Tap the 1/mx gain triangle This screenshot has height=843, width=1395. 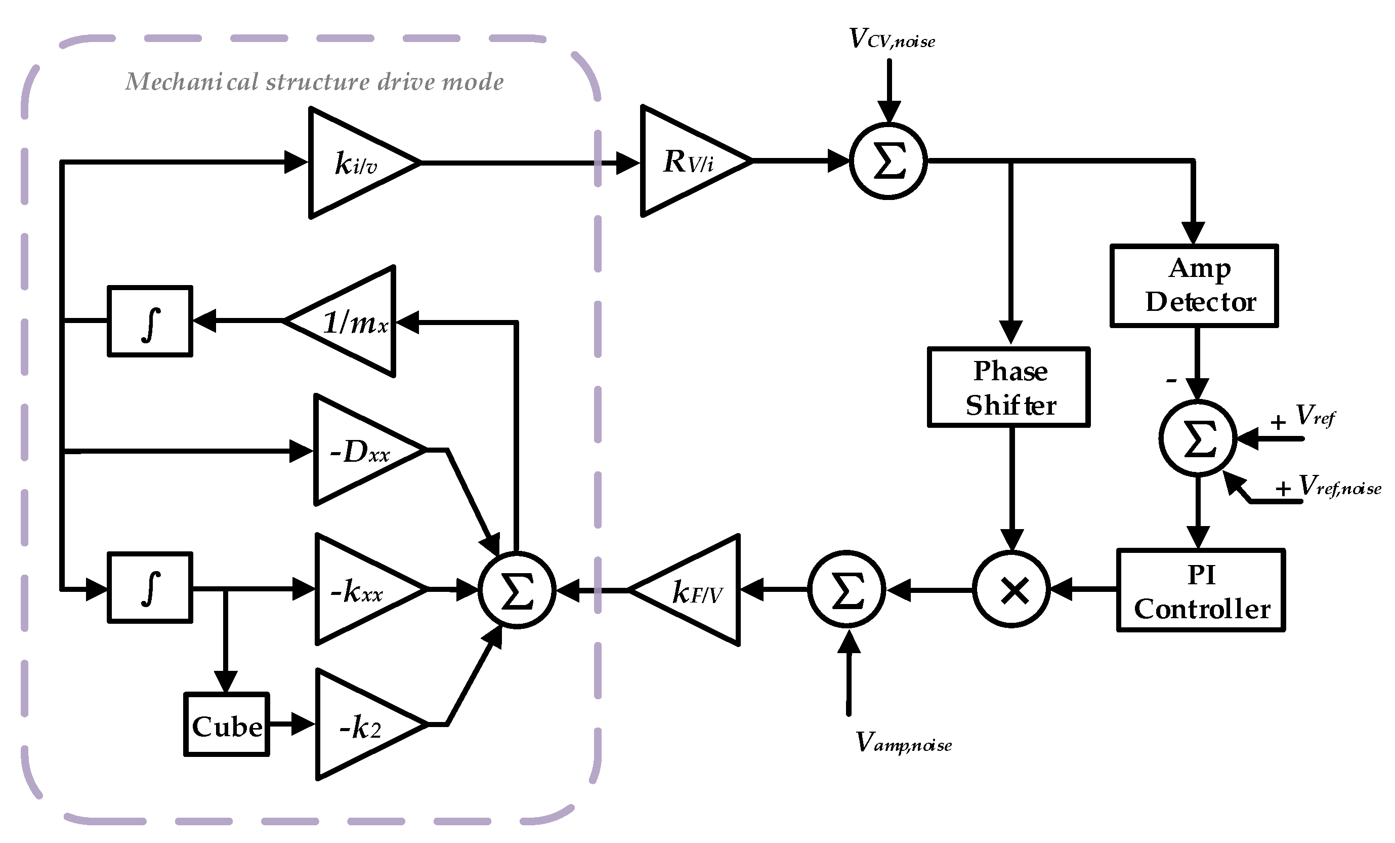click(x=351, y=322)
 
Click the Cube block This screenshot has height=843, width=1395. click(x=227, y=725)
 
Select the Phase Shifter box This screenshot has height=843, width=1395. click(x=1009, y=387)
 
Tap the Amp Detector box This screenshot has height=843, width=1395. click(x=1195, y=286)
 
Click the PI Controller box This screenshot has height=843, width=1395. click(x=1201, y=590)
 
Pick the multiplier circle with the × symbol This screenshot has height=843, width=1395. click(x=1011, y=590)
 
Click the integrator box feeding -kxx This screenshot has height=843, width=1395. click(x=150, y=588)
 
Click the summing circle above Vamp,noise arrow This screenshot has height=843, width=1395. click(x=847, y=590)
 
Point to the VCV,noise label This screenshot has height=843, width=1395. click(x=892, y=39)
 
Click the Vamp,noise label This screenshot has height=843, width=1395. click(x=903, y=743)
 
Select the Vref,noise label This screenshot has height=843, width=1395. click(x=1339, y=487)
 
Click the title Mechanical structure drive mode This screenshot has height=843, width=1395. click(x=314, y=82)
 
